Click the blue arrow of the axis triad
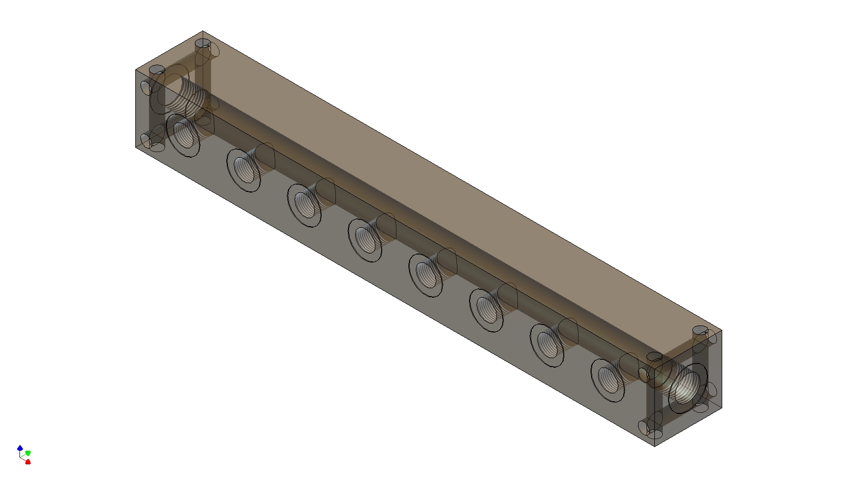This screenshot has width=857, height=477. (x=20, y=448)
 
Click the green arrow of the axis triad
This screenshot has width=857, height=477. (x=28, y=453)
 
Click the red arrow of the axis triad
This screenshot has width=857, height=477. (x=28, y=462)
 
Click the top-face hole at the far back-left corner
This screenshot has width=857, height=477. (x=202, y=43)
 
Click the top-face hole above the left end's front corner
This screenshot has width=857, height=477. (x=157, y=70)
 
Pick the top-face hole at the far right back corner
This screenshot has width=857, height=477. (x=701, y=330)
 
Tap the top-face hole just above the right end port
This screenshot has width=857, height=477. (x=654, y=357)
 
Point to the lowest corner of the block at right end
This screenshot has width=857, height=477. (x=654, y=446)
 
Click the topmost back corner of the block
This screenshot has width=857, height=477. (x=203, y=31)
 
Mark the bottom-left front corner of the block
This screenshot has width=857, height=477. (x=136, y=147)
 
